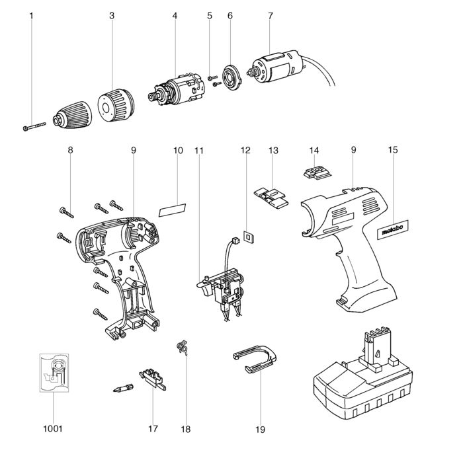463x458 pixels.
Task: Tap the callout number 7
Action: (270, 15)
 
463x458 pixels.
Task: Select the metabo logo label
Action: (396, 228)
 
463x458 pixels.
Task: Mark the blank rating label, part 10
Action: (172, 209)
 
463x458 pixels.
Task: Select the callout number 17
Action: (153, 429)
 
